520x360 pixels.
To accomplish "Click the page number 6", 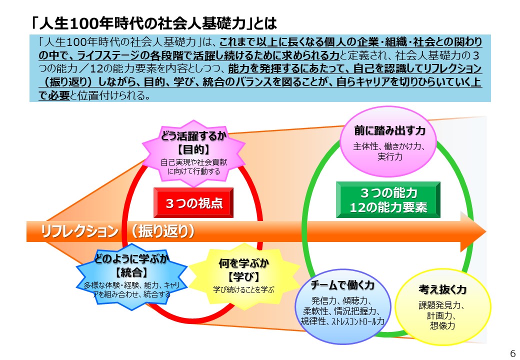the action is click(512, 353).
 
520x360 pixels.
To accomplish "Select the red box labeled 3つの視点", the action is click(193, 203).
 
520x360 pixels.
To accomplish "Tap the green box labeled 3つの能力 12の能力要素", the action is click(388, 200).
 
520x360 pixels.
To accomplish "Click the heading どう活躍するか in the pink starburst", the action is click(193, 136).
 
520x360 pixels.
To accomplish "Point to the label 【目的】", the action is click(193, 150).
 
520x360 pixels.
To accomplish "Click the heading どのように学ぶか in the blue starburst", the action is click(131, 258).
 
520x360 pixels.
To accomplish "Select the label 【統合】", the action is click(131, 272).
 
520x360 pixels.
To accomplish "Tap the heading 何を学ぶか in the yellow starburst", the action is click(244, 263).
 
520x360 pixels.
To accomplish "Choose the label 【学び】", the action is click(244, 277).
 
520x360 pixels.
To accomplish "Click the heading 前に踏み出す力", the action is click(389, 130).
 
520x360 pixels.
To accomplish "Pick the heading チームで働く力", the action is click(342, 285).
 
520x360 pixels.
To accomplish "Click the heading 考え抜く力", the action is click(442, 289).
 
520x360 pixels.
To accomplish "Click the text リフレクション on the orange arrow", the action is click(79, 231).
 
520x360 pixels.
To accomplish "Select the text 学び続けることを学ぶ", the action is click(244, 289).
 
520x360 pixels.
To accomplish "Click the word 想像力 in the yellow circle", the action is click(442, 325).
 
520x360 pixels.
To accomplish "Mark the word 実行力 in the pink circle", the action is click(389, 156).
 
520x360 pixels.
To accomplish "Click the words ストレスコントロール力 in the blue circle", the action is click(358, 321).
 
